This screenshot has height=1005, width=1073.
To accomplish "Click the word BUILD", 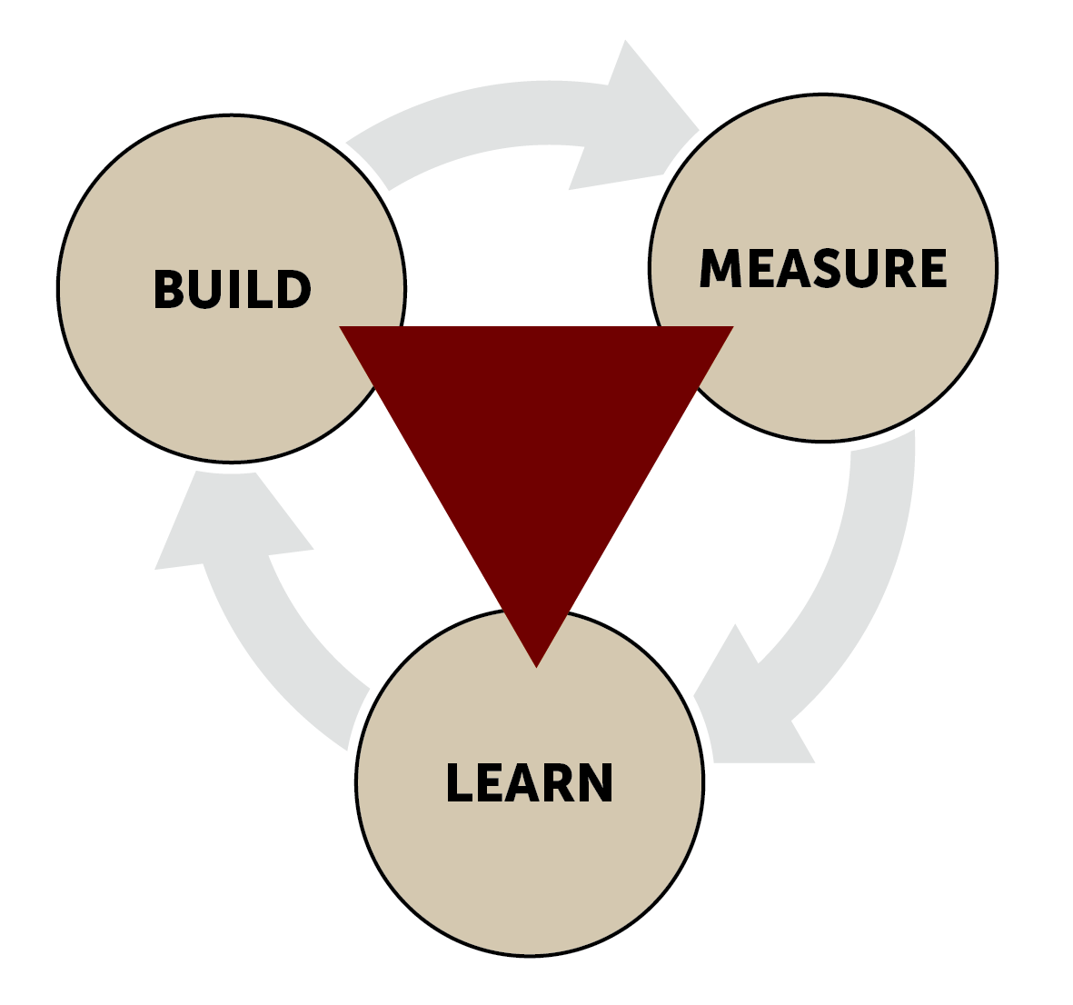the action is click(232, 290).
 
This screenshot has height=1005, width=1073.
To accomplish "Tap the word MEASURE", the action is click(823, 268).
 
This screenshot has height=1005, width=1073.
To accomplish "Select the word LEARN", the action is click(530, 783).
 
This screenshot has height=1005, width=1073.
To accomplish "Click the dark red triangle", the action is click(536, 436).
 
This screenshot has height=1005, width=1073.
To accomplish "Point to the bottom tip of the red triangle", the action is click(537, 662).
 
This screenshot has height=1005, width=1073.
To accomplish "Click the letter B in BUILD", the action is click(170, 290).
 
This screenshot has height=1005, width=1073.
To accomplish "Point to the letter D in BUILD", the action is click(293, 290).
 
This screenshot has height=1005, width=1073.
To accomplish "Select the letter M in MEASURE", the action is click(720, 268).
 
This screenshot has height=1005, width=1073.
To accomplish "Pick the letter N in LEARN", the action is click(594, 783).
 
